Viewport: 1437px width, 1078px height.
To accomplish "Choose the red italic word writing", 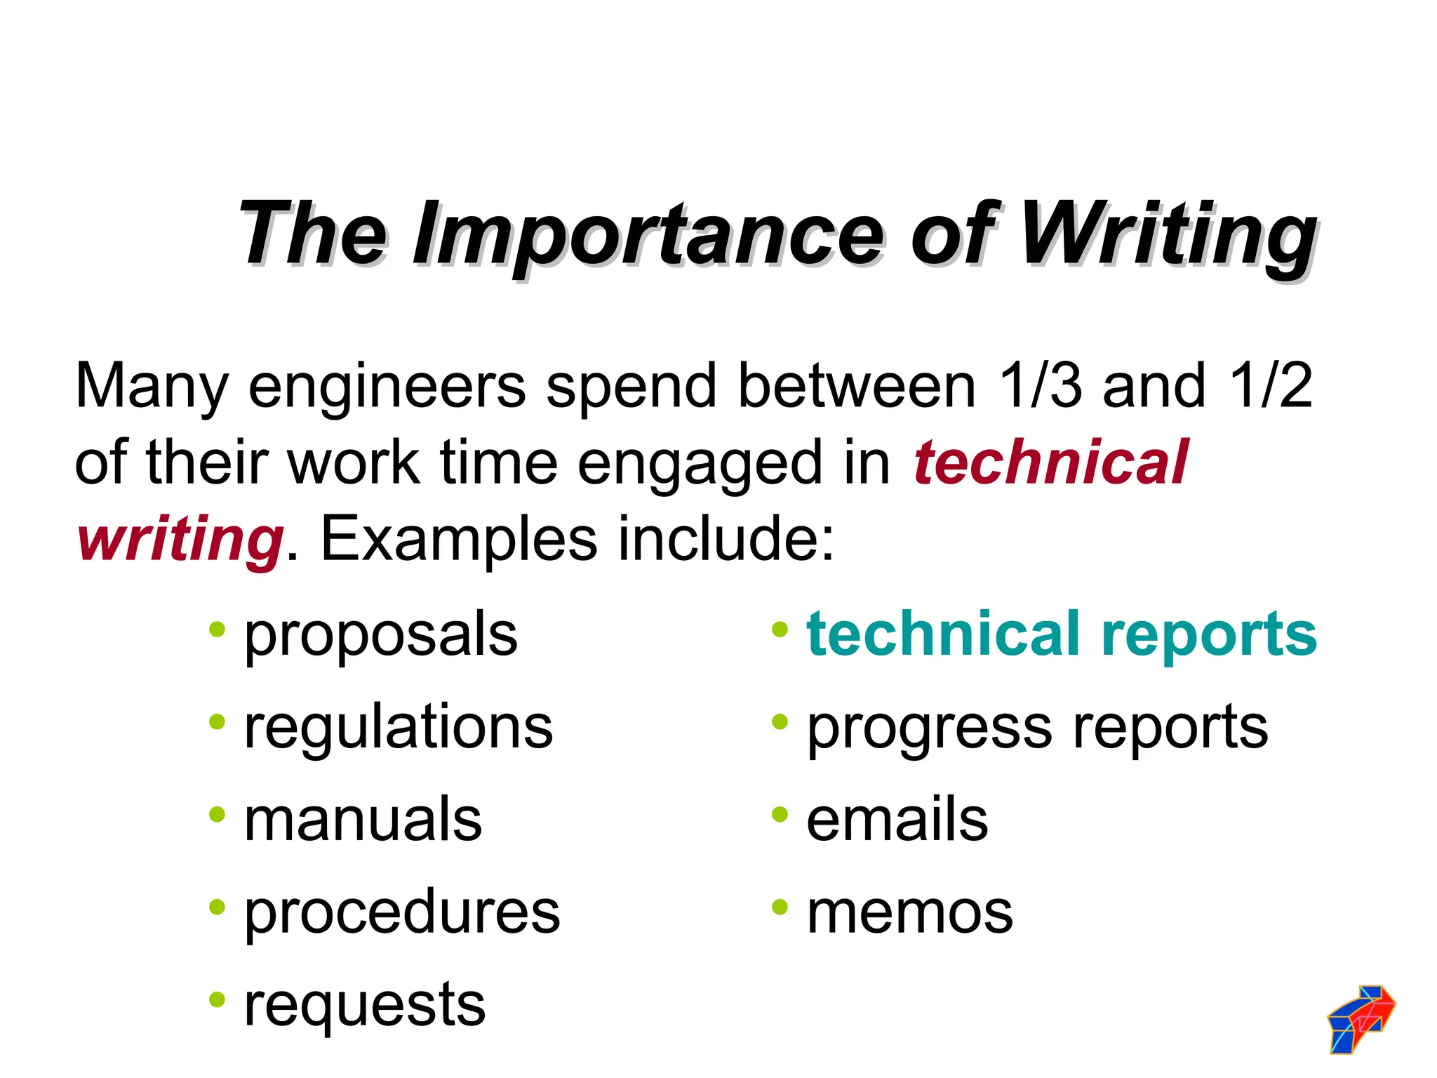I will [180, 539].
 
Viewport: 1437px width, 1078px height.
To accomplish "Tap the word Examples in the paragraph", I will [459, 539].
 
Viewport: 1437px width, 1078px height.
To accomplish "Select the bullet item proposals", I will [380, 634].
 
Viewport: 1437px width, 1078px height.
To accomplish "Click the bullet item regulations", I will [398, 727].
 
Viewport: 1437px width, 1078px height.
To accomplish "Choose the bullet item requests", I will [364, 1004].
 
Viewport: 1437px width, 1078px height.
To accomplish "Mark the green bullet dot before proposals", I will [217, 629].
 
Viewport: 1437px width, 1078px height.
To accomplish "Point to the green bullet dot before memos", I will [780, 907].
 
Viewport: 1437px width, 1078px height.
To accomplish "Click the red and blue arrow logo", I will [1361, 1019].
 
